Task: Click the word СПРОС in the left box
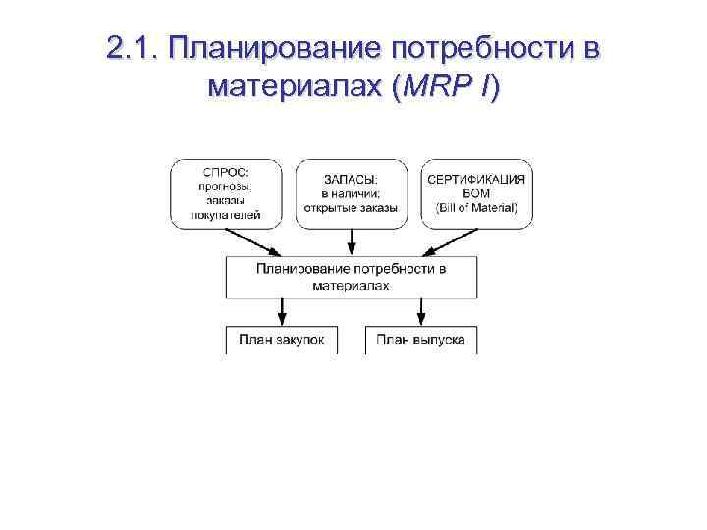coord(225,173)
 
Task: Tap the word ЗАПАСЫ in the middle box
coord(351,179)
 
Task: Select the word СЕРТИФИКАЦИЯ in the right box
coord(477,179)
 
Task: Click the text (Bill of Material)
coord(477,208)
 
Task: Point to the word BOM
coord(477,193)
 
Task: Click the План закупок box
coord(282,341)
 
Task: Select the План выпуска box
coord(421,341)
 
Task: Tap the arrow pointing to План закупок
coord(282,312)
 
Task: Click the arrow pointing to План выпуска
coord(421,312)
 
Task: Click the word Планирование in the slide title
coord(274,50)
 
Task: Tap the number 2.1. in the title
coord(132,50)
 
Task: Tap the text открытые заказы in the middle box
coord(351,208)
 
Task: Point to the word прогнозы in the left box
coord(225,186)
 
